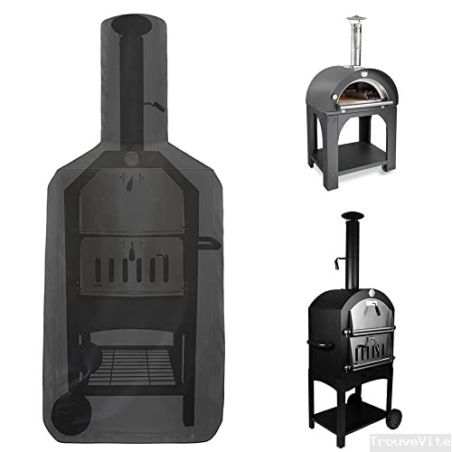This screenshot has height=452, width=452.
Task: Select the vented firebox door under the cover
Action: pos(131,267)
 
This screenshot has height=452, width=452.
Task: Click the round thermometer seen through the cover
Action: pos(134,160)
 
